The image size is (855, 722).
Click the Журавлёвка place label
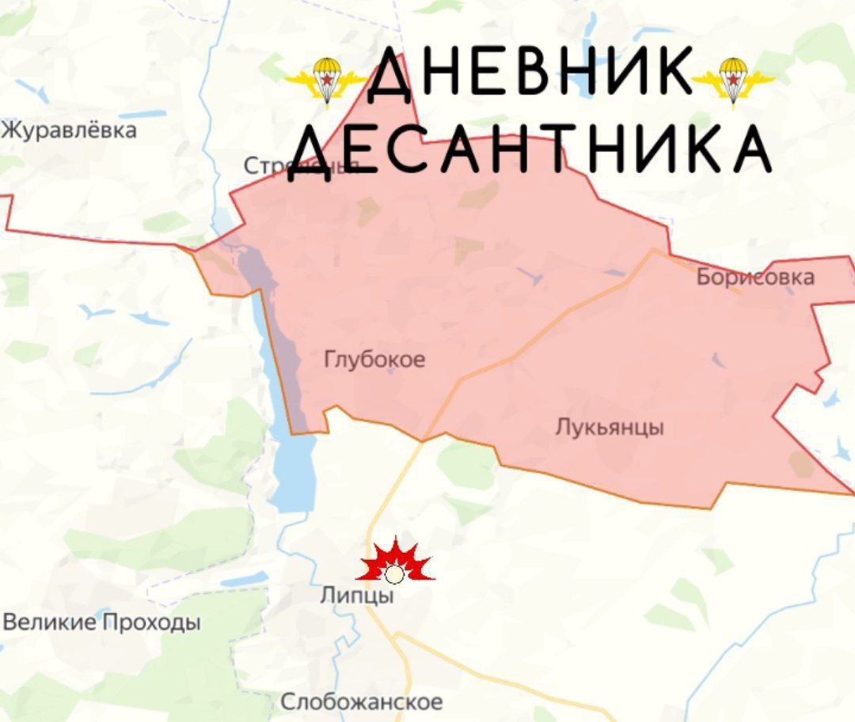pos(68,130)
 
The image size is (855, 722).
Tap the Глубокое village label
pos(374,360)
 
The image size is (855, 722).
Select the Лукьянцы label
pos(609,428)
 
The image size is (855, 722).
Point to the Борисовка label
pos(755,277)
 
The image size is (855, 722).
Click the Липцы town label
pos(356,595)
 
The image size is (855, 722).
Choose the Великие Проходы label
pos(101,622)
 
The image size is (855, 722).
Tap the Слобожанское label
pos(362,701)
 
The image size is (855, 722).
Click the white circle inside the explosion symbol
pos(394,574)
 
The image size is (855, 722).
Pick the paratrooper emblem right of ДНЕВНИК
pos(733,80)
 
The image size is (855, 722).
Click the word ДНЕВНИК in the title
pos(530,73)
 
